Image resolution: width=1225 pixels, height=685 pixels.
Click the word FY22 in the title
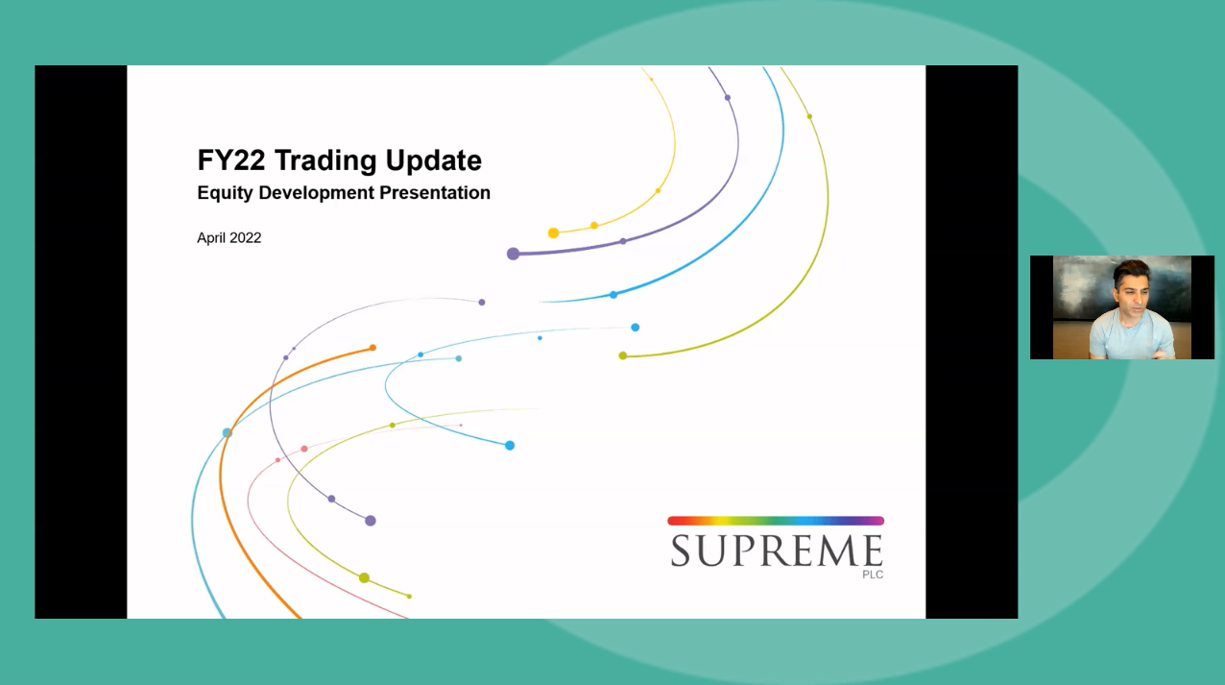click(x=229, y=159)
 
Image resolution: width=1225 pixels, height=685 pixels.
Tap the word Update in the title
click(x=433, y=159)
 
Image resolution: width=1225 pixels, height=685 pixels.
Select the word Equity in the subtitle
click(x=225, y=193)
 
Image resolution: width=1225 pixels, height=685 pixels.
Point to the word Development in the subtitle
click(x=316, y=193)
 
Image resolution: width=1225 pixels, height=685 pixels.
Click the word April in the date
click(x=211, y=238)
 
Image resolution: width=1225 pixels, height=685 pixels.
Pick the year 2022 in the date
click(x=245, y=238)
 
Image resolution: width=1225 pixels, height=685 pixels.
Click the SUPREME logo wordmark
click(x=776, y=551)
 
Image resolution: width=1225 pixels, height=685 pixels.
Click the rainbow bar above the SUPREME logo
click(x=776, y=521)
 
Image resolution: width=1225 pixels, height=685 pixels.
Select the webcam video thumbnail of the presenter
click(x=1121, y=307)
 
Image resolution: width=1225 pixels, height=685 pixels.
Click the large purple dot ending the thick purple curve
click(x=514, y=254)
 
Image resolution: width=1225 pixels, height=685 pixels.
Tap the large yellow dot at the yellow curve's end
click(x=554, y=233)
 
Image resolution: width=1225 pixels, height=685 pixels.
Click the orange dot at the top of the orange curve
click(x=372, y=348)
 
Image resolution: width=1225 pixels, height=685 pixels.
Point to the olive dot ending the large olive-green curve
click(x=623, y=355)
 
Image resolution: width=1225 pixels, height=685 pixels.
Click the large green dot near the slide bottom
click(x=364, y=577)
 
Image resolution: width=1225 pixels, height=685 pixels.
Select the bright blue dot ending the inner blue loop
click(x=510, y=445)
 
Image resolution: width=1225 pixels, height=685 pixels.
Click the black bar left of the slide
click(x=81, y=342)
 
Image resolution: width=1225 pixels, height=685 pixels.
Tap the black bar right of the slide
click(x=972, y=342)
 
